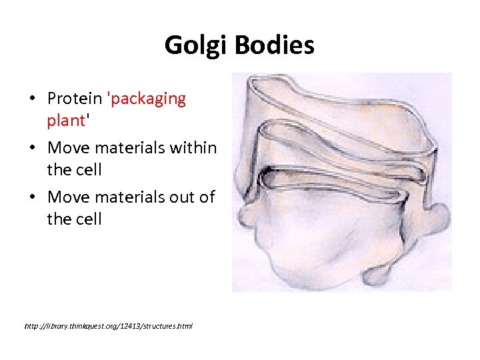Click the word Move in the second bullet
coord(70,147)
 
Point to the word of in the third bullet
coord(207,196)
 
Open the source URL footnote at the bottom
coord(108,326)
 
